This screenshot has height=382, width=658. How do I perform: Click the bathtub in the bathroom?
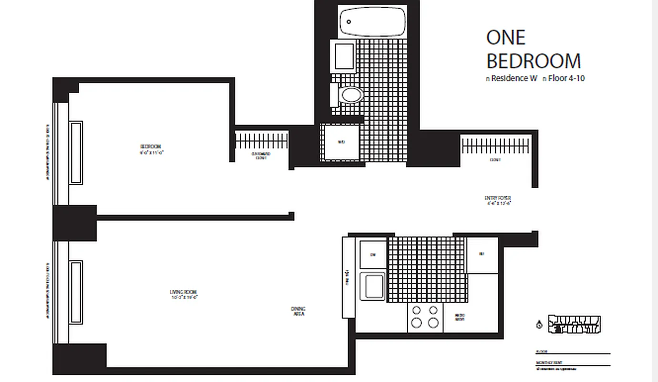coord(372,21)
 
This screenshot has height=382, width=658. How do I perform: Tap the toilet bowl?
coord(352,95)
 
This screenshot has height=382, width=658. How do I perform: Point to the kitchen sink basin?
coord(372,286)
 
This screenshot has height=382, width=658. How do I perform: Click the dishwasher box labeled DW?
coord(373,255)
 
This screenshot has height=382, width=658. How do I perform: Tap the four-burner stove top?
coord(425,316)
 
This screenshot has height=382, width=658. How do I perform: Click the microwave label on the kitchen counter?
coord(460,317)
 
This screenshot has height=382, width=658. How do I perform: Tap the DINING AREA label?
coord(298,311)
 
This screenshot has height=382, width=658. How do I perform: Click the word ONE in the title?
coord(506,38)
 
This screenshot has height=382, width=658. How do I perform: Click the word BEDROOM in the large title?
coord(534,61)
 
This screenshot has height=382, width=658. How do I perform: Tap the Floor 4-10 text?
coord(566,78)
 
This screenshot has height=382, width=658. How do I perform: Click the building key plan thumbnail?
coord(574,324)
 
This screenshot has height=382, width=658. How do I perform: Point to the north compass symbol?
coord(539,325)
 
